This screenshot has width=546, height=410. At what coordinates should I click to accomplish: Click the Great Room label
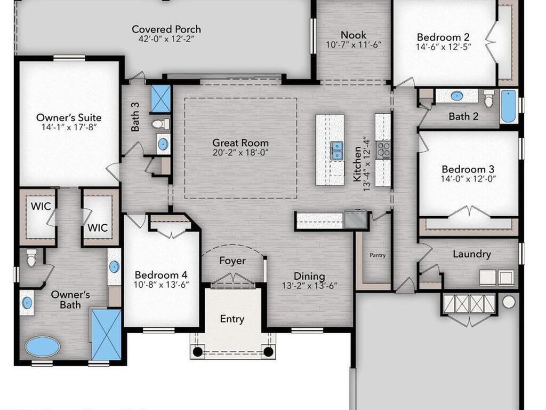(240, 143)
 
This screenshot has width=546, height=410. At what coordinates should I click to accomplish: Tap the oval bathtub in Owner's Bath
(43, 346)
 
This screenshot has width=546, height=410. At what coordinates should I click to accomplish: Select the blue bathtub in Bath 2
(509, 107)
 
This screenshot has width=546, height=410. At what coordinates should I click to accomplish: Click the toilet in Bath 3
(160, 124)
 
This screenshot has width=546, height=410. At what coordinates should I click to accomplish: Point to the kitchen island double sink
(337, 151)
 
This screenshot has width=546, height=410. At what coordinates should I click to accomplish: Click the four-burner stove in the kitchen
(383, 150)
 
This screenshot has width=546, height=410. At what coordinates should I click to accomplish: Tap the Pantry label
(378, 255)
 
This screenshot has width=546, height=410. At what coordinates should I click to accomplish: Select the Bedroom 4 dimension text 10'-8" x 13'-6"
(161, 285)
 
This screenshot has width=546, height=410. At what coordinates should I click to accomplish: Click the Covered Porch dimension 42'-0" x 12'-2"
(166, 38)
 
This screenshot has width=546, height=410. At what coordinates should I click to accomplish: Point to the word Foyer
(232, 261)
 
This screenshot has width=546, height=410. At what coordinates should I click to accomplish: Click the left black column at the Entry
(197, 351)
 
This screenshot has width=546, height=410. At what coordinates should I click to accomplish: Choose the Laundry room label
(472, 254)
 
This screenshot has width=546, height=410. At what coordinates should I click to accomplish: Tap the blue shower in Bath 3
(160, 99)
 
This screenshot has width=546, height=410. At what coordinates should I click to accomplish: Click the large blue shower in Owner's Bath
(106, 334)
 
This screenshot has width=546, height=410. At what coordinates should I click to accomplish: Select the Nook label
(354, 35)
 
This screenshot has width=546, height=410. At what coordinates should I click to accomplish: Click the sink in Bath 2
(456, 96)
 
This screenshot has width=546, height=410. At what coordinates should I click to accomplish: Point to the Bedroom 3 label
(468, 169)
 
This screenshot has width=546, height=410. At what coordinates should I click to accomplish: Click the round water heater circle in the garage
(509, 302)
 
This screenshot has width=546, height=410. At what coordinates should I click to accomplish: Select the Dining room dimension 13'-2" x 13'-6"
(310, 286)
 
